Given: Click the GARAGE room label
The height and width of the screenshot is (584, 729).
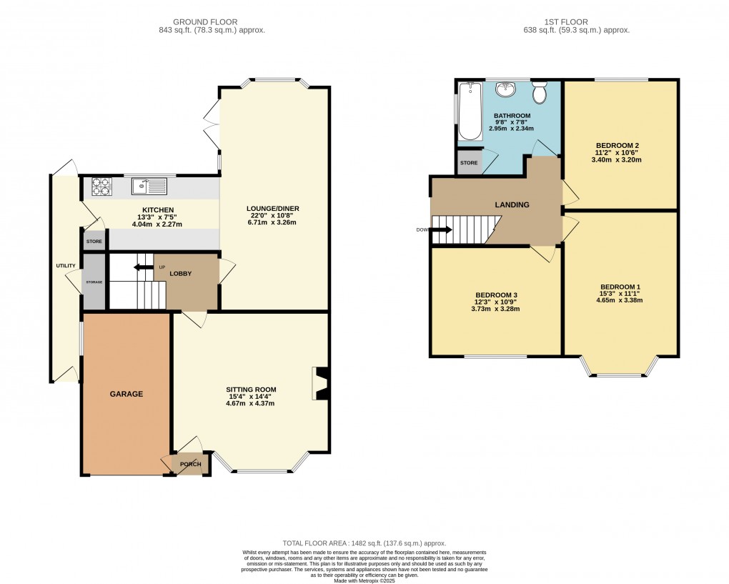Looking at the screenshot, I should point(126,394).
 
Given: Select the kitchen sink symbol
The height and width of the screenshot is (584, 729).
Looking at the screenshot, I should point(149,187).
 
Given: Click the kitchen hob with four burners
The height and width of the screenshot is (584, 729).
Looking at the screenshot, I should point(101,187).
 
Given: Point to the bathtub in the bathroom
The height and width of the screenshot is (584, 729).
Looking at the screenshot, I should point(470,111).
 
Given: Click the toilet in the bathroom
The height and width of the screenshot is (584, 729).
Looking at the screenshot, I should point(539,94).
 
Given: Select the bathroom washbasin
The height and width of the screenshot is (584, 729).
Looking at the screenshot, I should point(507,90).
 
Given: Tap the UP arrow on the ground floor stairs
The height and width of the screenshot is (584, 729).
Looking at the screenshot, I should point(144,267).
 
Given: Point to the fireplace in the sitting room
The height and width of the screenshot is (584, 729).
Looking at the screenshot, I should point(319,383).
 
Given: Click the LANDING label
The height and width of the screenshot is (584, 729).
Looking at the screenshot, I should point(512,205).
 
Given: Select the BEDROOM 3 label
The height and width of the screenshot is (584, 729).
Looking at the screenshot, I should point(496,295).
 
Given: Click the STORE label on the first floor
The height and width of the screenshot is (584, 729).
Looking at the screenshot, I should point(469,163).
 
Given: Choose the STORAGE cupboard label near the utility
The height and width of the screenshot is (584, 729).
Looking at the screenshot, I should point(94,282).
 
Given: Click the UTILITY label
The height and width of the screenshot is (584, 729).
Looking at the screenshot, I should point(66,266).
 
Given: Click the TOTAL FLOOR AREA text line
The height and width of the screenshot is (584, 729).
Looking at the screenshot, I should point(364,544).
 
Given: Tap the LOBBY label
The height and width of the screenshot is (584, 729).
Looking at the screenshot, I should point(179,274).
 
